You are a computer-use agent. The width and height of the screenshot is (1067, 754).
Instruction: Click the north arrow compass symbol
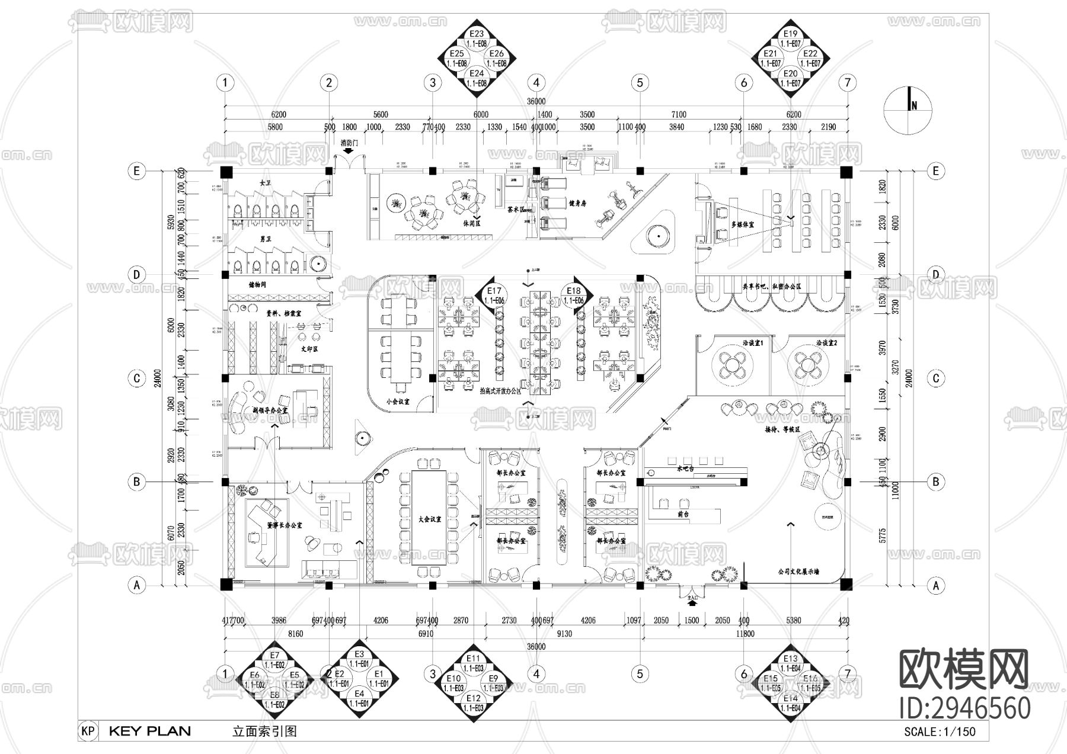907,107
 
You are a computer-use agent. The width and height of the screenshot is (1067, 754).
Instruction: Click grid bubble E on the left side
137,171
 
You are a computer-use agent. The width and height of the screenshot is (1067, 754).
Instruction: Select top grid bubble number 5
640,83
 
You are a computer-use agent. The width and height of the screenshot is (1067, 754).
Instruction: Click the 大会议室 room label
430,519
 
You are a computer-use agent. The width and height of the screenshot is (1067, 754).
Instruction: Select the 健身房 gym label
577,203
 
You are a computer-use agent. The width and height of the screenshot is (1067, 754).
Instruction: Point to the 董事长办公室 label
284,525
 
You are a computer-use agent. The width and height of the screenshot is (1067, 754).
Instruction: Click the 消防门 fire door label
349,143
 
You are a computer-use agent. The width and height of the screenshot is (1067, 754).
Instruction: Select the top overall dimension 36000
536,102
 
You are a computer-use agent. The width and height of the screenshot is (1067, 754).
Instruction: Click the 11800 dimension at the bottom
745,634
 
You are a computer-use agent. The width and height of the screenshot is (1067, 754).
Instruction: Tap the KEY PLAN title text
149,731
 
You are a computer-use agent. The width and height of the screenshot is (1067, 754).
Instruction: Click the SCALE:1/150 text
939,731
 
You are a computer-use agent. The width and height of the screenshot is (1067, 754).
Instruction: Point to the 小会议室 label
398,402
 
